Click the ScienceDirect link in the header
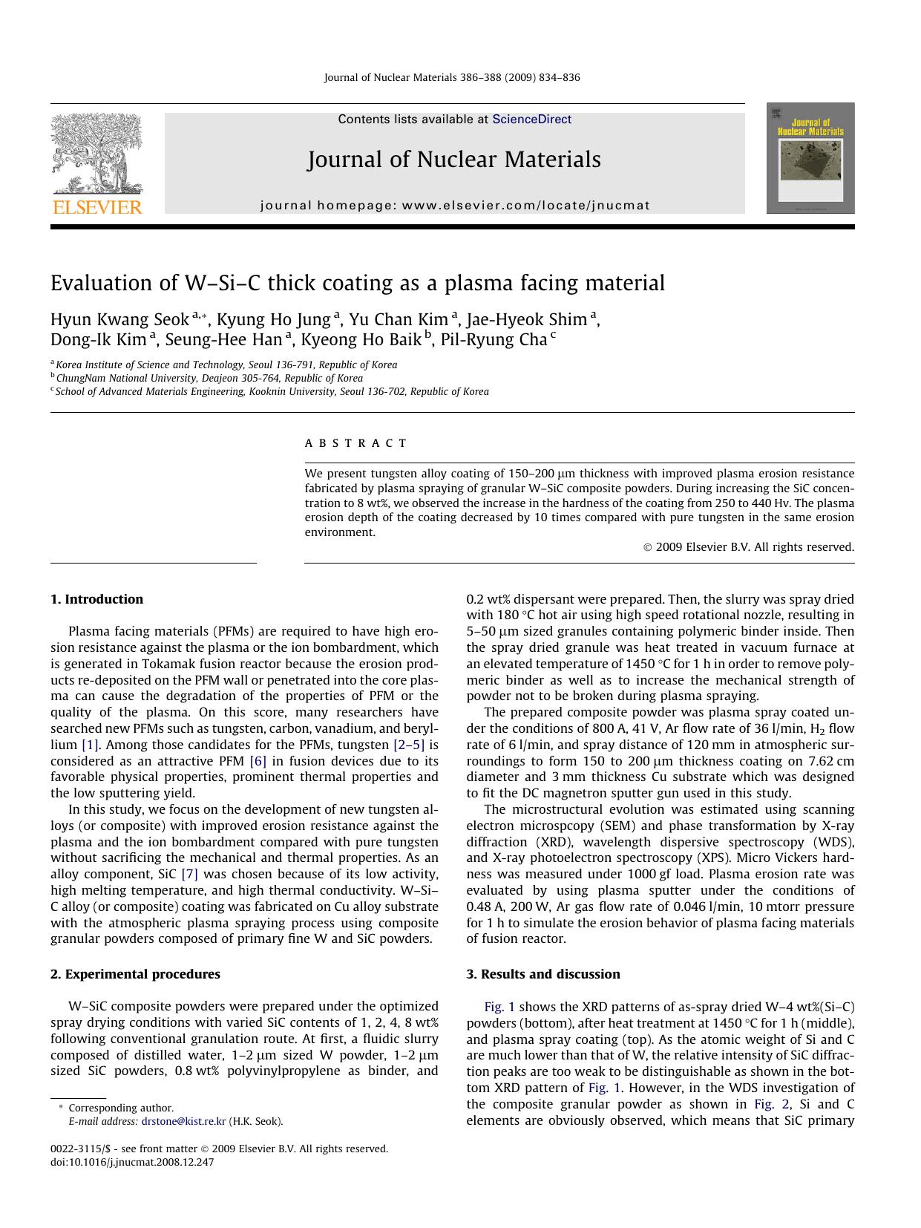point(531,119)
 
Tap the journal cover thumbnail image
point(810,158)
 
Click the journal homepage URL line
point(455,206)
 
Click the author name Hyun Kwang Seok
point(119,320)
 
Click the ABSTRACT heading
point(355,443)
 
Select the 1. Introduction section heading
point(96,599)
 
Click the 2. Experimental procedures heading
point(135,974)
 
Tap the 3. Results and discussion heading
point(543,974)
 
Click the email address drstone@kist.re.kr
point(183,1122)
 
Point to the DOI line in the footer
point(132,1162)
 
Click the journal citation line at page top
point(452,77)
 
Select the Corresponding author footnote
point(120,1108)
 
